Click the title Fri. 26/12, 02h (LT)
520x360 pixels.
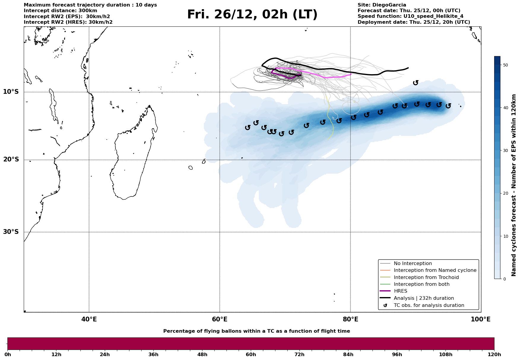tap(252, 15)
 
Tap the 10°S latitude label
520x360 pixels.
tap(11, 92)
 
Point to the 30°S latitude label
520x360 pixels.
tap(11, 232)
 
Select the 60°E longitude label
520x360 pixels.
tap(220, 319)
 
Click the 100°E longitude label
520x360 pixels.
tap(481, 319)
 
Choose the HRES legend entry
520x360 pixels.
tap(400, 291)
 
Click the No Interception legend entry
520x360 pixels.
tap(413, 264)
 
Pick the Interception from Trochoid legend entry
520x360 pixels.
tap(426, 277)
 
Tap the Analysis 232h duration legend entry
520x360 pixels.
tap(424, 298)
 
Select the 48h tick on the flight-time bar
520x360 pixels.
tap(202, 355)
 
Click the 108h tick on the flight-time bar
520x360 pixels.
tap(446, 355)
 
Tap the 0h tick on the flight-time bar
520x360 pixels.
tap(7, 355)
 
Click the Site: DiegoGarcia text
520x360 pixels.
tap(382, 5)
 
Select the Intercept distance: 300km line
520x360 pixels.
tap(61, 11)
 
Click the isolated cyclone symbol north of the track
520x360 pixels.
tap(416, 83)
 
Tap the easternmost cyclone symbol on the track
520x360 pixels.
tap(448, 106)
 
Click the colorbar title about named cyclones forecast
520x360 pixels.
tap(514, 185)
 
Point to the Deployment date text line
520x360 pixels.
tap(414, 22)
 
